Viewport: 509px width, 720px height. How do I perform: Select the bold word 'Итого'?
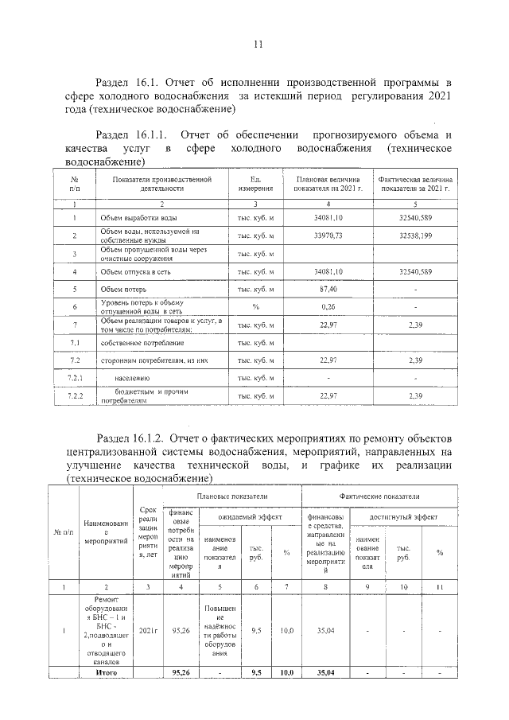click(107, 672)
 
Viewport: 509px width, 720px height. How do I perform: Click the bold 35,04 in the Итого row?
click(324, 672)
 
